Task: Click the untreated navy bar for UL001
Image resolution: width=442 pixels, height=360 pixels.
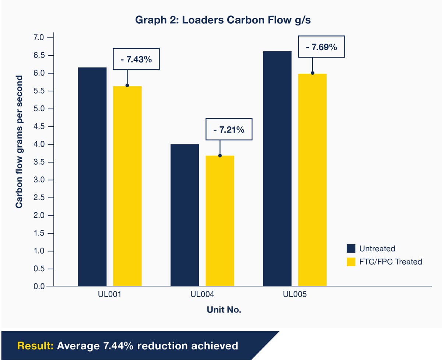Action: [x=92, y=177]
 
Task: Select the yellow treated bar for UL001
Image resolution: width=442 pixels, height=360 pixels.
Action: [x=127, y=186]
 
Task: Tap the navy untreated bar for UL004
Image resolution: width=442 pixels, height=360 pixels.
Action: [x=185, y=215]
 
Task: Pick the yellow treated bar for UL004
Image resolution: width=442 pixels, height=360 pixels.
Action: [x=220, y=221]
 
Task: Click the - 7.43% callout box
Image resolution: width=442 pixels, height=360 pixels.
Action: [x=136, y=59]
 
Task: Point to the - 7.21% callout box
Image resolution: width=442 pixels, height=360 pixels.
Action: [x=229, y=129]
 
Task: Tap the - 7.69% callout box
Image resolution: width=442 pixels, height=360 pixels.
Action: [x=321, y=47]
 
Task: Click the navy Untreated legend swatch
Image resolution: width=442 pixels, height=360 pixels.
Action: [x=351, y=248]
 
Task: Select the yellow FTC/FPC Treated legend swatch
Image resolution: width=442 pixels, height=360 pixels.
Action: [x=351, y=262]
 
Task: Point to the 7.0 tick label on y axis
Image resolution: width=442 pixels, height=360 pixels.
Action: [x=39, y=38]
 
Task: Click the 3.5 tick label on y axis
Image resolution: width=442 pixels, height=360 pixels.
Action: [x=39, y=162]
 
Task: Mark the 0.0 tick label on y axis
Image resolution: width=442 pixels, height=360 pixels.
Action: [x=39, y=286]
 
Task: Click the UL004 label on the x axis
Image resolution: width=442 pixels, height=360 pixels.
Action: [x=202, y=295]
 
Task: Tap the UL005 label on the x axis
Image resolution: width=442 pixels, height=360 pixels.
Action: [x=295, y=295]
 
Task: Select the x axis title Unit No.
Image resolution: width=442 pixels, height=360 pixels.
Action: [x=224, y=310]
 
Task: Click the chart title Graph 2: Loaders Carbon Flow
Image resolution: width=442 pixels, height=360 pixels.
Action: [x=223, y=20]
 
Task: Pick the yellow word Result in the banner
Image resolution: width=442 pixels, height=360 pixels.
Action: [x=35, y=346]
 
